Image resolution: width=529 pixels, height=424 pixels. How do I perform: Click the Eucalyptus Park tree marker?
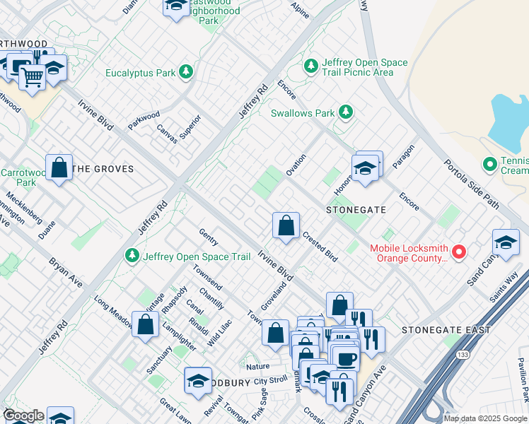coord(186,72)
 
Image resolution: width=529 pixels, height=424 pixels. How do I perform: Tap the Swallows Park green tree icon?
coord(345,112)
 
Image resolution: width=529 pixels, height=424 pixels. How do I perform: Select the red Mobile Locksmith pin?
coord(459,252)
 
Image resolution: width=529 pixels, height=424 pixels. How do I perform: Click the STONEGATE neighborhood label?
coord(356,210)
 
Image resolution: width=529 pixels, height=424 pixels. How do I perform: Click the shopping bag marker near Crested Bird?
coord(286,227)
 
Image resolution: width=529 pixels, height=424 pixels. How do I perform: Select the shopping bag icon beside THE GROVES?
coord(59,168)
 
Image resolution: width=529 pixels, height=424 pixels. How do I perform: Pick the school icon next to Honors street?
coord(365,170)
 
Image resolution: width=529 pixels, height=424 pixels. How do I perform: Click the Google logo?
coord(23,416)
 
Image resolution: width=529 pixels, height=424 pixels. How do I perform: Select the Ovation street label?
coord(296,165)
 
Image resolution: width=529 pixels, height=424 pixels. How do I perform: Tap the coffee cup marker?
coord(346,358)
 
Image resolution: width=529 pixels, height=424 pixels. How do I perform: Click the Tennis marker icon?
coord(489,165)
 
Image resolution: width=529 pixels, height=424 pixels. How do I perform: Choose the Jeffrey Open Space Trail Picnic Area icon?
coord(310,67)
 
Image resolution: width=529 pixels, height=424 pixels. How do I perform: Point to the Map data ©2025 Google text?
coord(484,418)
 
